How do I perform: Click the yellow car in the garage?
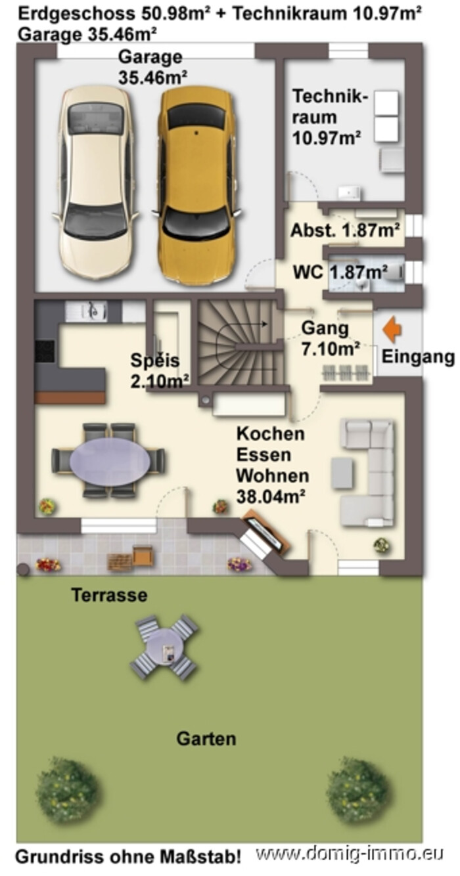coord(197,184)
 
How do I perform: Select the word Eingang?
coord(418,357)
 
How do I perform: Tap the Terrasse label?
coord(109,595)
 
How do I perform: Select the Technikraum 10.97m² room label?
coord(330,117)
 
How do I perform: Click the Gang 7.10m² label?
coord(331,338)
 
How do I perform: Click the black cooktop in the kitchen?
coord(45,351)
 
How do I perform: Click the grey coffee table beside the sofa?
coord(342,473)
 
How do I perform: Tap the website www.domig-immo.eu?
coord(350,853)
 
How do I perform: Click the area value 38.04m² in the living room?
coord(271,496)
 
